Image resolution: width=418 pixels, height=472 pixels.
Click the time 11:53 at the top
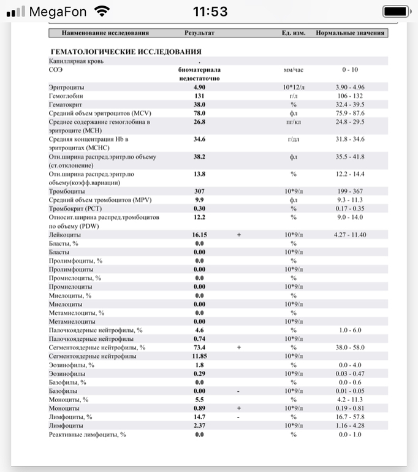point(210,11)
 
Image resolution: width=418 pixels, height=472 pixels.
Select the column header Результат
point(199,32)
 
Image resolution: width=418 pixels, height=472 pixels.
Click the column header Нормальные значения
point(351,32)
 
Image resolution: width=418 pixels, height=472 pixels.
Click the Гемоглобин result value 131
point(199,96)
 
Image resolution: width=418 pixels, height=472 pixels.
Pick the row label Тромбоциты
point(67,191)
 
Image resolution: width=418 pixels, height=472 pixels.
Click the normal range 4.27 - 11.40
point(351,235)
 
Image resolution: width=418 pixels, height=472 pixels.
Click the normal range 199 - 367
point(351,191)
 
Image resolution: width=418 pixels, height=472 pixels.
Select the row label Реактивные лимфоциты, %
point(88,435)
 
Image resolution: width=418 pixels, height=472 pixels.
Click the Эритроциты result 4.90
point(199,88)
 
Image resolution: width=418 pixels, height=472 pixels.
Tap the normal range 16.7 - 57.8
point(351,417)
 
